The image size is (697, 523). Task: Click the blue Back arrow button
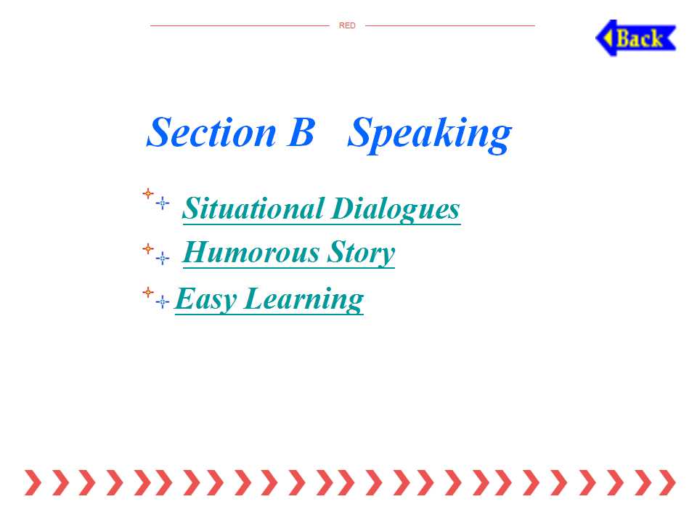pyautogui.click(x=636, y=38)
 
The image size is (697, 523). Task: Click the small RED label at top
pyautogui.click(x=347, y=26)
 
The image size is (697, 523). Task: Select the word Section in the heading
pyautogui.click(x=211, y=132)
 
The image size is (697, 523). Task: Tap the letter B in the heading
pyautogui.click(x=301, y=132)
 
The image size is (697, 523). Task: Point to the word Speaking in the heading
pyautogui.click(x=429, y=134)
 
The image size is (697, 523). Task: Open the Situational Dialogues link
pyautogui.click(x=322, y=209)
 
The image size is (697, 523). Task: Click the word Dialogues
pyautogui.click(x=396, y=209)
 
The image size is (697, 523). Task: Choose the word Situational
pyautogui.click(x=253, y=208)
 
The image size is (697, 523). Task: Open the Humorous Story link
pyautogui.click(x=288, y=253)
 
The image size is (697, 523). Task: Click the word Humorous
pyautogui.click(x=251, y=252)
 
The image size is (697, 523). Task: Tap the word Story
pyautogui.click(x=361, y=253)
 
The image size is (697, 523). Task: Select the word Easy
pyautogui.click(x=205, y=299)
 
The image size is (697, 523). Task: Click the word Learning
pyautogui.click(x=304, y=299)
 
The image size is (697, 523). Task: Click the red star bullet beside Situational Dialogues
pyautogui.click(x=148, y=193)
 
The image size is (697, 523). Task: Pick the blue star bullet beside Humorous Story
pyautogui.click(x=162, y=258)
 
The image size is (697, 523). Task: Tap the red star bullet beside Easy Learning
pyautogui.click(x=148, y=293)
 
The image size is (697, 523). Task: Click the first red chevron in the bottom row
pyautogui.click(x=33, y=482)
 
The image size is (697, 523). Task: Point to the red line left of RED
pyautogui.click(x=240, y=26)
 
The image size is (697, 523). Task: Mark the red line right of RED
pyautogui.click(x=450, y=26)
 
